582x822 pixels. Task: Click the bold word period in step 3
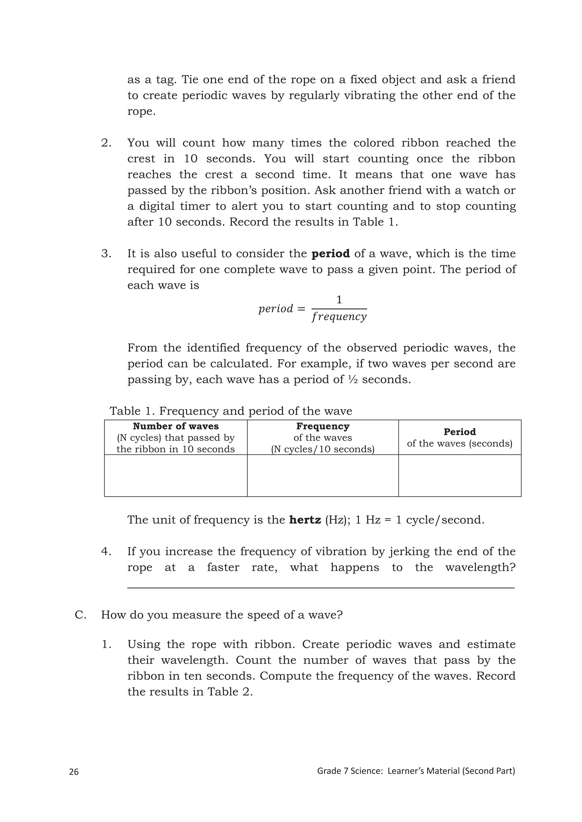click(x=331, y=254)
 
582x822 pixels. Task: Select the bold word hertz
click(x=305, y=520)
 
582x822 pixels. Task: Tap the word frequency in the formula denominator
click(x=339, y=317)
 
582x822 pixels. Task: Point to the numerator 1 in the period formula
click(x=339, y=300)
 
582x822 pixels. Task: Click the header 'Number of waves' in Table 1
click(x=176, y=426)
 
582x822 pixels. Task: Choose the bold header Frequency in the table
click(x=323, y=426)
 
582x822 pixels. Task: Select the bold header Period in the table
click(x=460, y=432)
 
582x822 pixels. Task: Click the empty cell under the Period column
click(x=460, y=475)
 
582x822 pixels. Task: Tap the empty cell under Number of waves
click(x=176, y=475)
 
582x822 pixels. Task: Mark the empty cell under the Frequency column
click(x=323, y=475)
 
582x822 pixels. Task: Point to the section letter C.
click(x=80, y=615)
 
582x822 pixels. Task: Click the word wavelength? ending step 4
click(x=480, y=567)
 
